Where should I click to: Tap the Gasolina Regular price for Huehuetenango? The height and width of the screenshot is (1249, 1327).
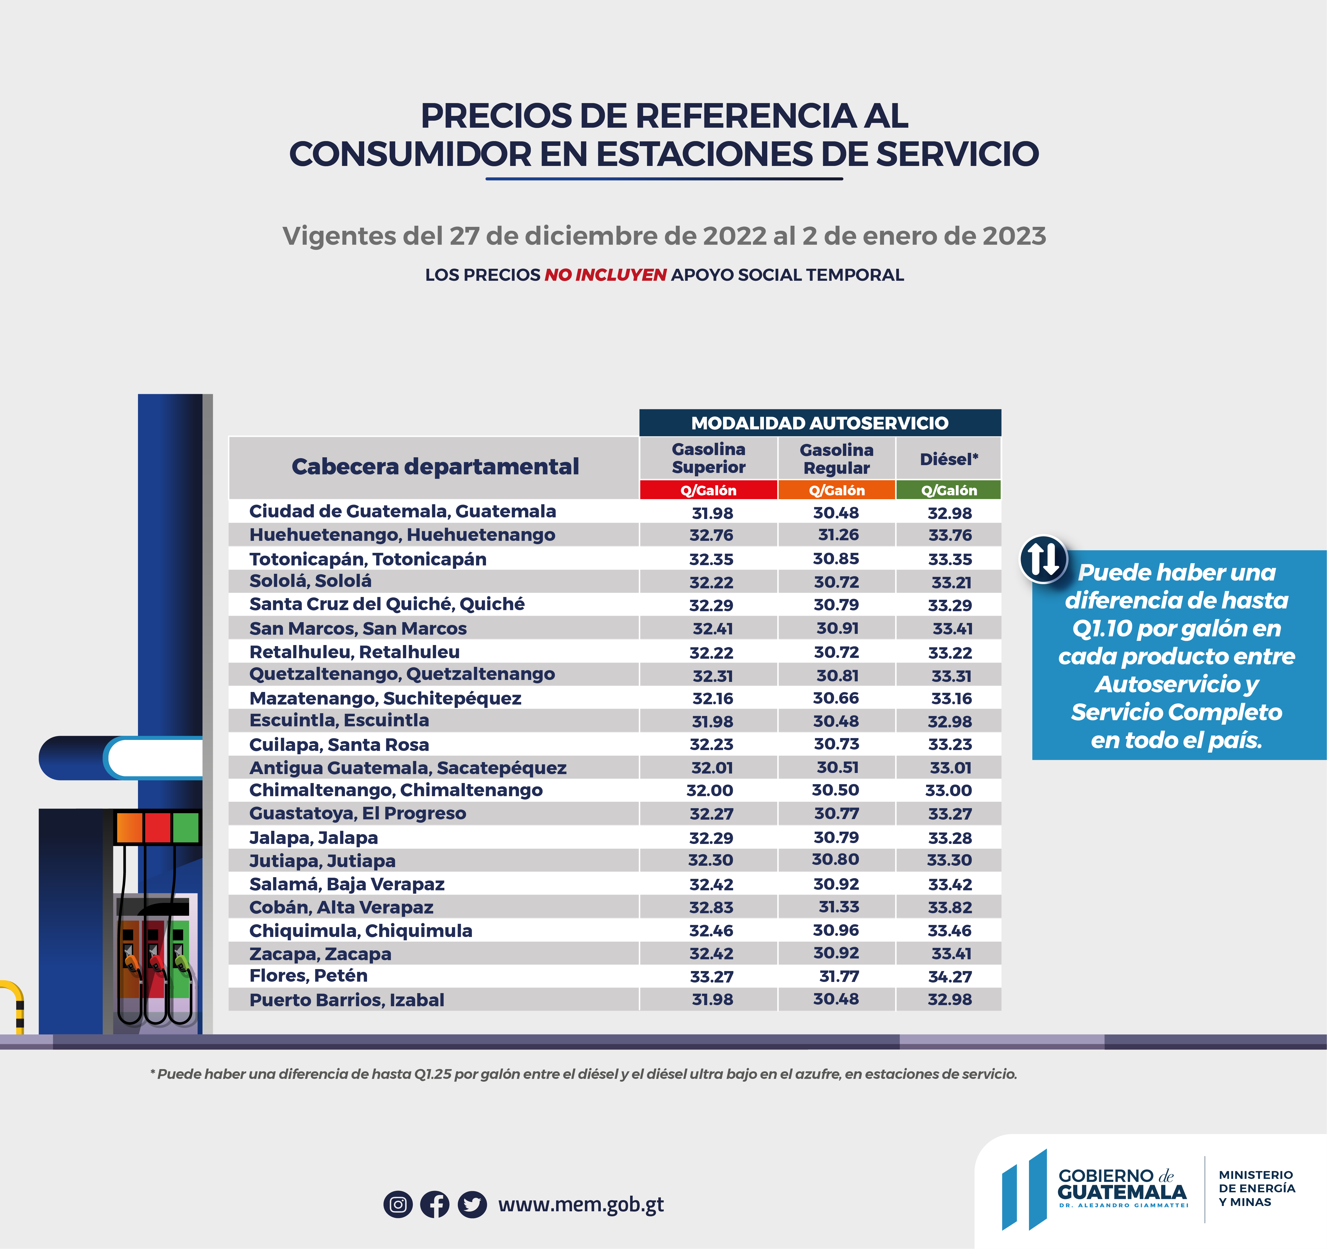[x=838, y=535]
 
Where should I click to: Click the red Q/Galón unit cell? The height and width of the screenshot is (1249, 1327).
[x=708, y=490]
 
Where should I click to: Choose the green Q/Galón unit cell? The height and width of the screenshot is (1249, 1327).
[x=949, y=490]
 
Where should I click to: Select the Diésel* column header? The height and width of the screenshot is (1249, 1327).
[x=949, y=459]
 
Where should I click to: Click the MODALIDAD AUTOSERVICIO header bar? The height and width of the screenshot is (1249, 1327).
[x=820, y=423]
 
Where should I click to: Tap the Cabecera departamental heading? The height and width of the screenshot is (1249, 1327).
[x=435, y=467]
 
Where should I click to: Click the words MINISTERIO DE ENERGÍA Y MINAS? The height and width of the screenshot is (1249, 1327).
[x=1256, y=1188]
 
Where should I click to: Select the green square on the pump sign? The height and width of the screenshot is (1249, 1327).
[x=185, y=828]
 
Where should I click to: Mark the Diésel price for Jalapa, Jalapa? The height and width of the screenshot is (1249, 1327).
[x=950, y=838]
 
